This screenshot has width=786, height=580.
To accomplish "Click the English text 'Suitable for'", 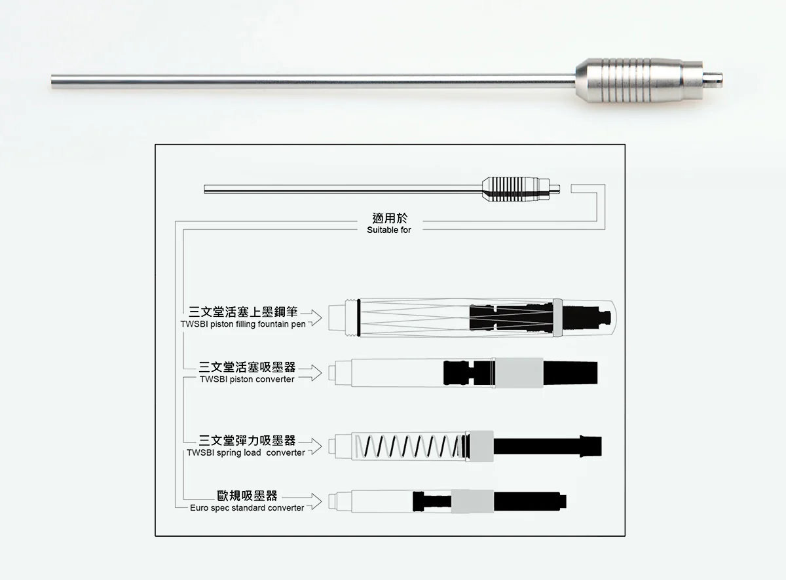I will pyautogui.click(x=389, y=230).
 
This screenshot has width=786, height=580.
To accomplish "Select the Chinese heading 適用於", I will pyautogui.click(x=389, y=219).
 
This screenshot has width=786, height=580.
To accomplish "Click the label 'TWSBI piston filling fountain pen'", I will pyautogui.click(x=243, y=324).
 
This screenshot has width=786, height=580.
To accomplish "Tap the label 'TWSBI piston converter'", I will pyautogui.click(x=247, y=379).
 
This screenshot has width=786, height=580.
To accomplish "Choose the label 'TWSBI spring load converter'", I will pyautogui.click(x=246, y=452).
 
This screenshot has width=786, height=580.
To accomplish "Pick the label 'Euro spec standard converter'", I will pyautogui.click(x=247, y=507).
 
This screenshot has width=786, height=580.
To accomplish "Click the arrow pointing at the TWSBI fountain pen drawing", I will pyautogui.click(x=316, y=317).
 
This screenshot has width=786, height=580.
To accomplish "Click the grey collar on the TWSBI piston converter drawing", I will pyautogui.click(x=517, y=373).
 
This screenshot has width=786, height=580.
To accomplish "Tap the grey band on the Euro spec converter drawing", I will pyautogui.click(x=472, y=501).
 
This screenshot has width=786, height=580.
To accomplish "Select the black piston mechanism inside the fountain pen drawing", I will pyautogui.click(x=511, y=318).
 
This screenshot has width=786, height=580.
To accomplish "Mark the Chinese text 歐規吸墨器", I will pyautogui.click(x=247, y=496).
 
